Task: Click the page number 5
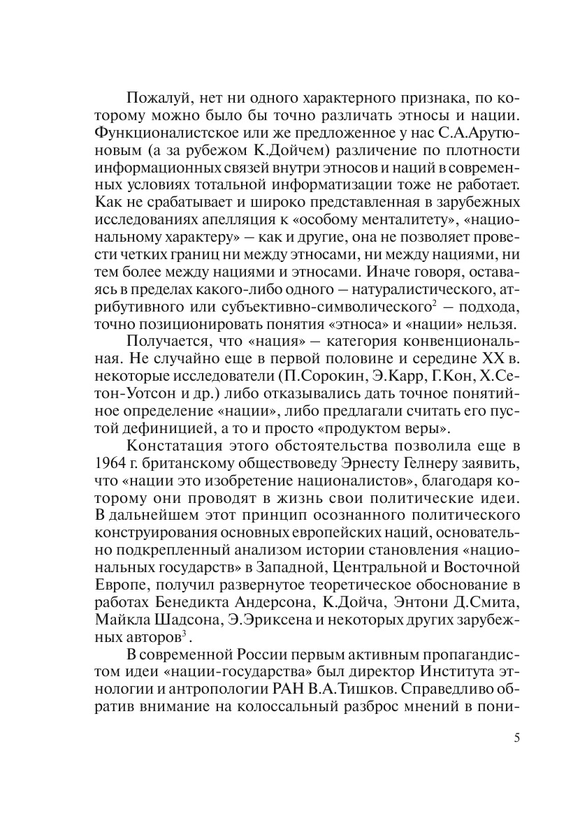click(x=517, y=739)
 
